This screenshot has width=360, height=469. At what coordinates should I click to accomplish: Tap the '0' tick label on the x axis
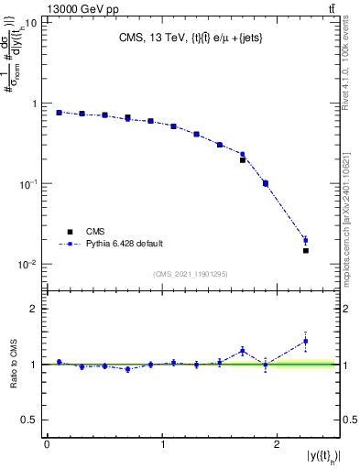[47, 445]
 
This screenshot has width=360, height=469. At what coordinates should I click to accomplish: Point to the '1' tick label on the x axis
[162, 445]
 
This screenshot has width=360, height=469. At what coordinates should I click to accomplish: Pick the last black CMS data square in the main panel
[306, 250]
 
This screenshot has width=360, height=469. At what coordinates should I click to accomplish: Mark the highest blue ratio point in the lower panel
[306, 341]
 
